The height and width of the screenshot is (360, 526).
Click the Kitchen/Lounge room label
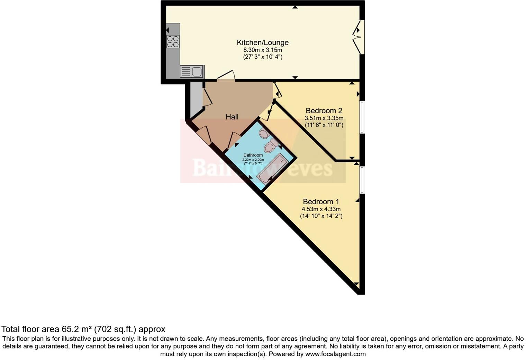[x=262, y=43]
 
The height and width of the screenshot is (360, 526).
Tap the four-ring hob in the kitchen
[x=173, y=42]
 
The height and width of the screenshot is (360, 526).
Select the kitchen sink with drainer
[x=192, y=72]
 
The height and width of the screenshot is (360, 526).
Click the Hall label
[x=232, y=117]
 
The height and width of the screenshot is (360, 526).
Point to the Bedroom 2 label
[x=324, y=111]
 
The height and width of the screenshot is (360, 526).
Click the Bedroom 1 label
[x=321, y=201]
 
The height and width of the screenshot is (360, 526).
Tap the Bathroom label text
[x=253, y=155]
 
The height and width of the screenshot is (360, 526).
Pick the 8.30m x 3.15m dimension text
[x=262, y=50]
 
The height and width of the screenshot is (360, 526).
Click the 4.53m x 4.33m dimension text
[x=321, y=209]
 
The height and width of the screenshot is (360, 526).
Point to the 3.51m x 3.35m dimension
[x=324, y=118]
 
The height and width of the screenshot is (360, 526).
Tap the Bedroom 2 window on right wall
[x=362, y=117]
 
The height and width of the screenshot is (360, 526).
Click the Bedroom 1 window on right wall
[x=362, y=180]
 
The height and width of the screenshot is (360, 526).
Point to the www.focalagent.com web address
[x=335, y=354]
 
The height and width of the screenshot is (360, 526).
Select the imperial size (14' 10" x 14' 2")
[x=321, y=216]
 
